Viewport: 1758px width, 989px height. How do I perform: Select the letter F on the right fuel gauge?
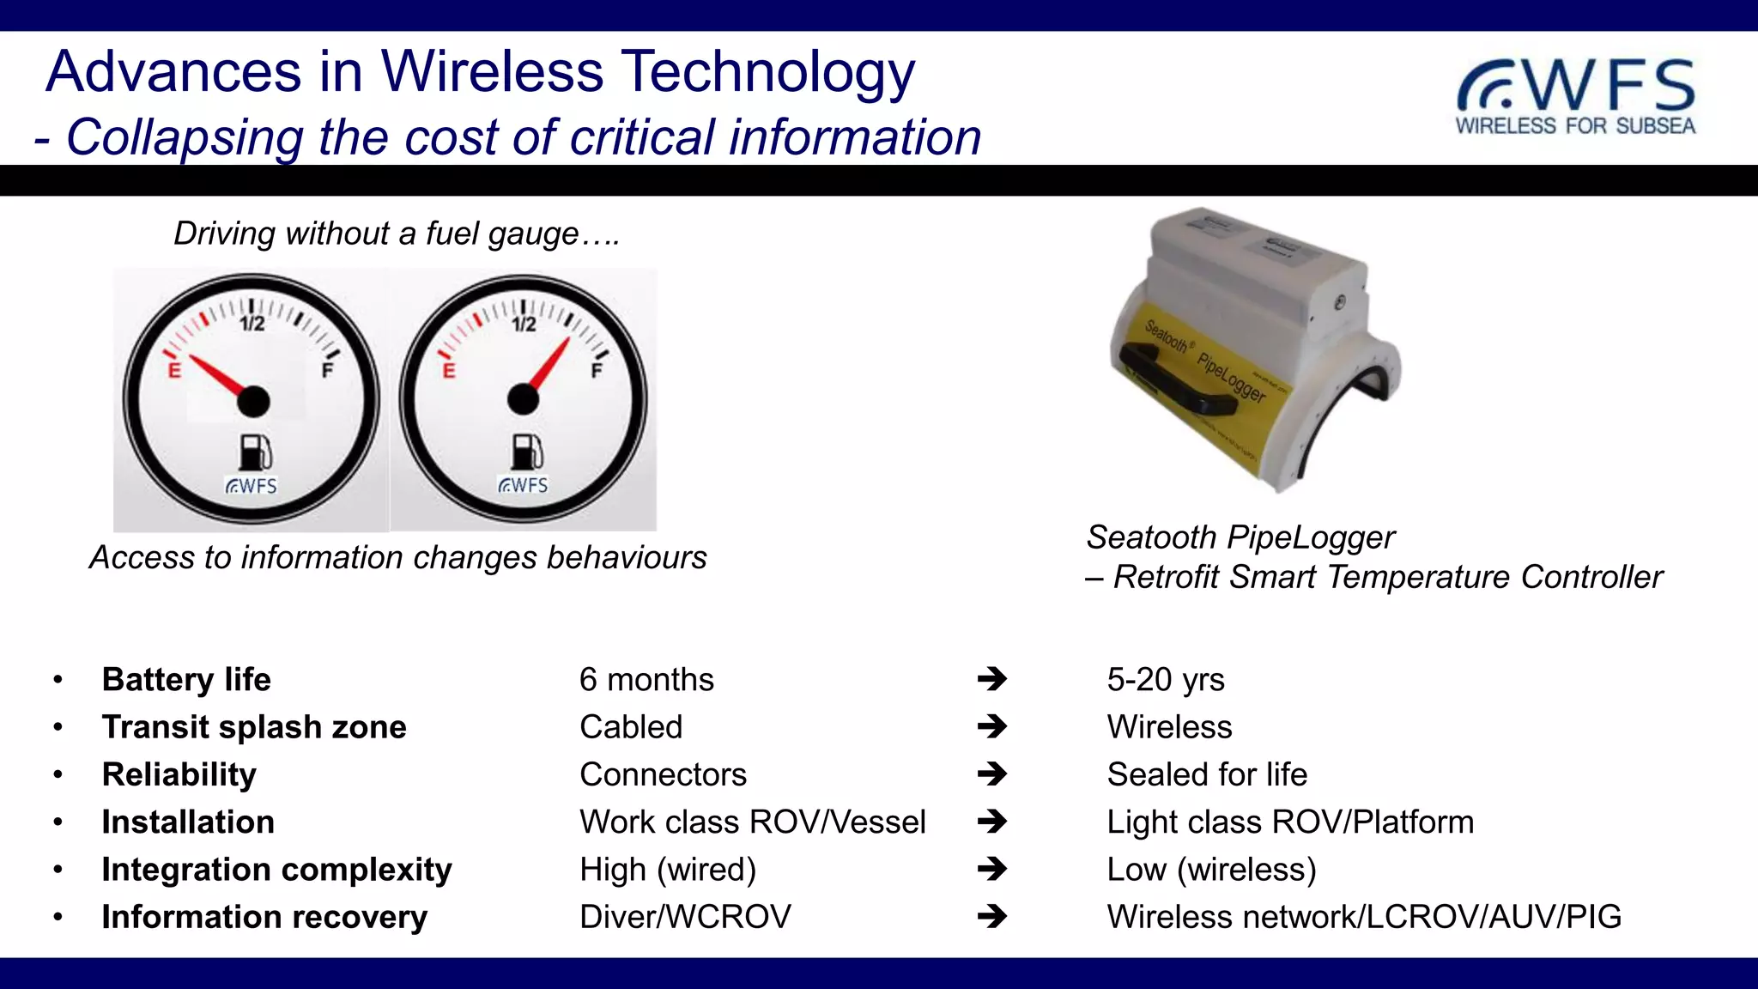coord(597,371)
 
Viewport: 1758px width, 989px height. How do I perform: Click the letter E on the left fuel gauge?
coord(174,371)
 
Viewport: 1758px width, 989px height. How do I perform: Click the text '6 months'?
coord(646,680)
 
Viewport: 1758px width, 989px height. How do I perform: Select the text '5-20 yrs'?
coord(1165,680)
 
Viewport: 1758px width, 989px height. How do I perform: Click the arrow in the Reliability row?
coord(991,774)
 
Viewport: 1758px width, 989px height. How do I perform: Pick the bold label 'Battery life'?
coord(186,680)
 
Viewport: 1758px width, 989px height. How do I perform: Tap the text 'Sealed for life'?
coord(1206,774)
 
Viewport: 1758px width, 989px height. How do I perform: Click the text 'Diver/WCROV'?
coord(685,917)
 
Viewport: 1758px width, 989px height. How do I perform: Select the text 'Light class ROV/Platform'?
coord(1289,822)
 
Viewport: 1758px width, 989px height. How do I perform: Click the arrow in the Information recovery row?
coord(991,917)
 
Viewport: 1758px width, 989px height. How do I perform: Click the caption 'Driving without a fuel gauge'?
coord(396,234)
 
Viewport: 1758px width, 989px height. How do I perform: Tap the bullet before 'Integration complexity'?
coord(58,870)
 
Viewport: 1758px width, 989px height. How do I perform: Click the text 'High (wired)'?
coord(667,870)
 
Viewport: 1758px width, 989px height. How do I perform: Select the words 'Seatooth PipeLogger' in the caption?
coord(1240,537)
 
